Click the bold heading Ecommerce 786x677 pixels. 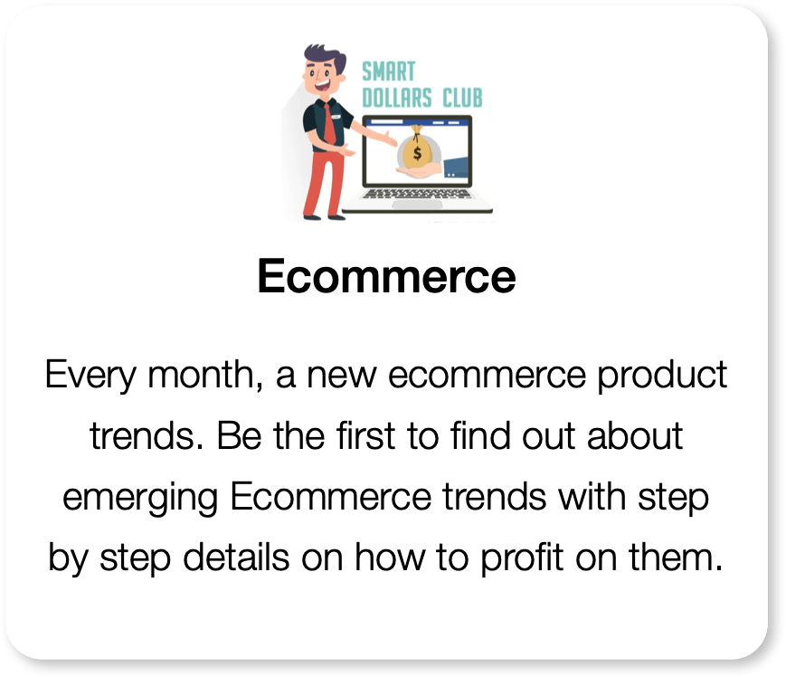click(x=386, y=276)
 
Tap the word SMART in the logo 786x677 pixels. click(x=389, y=72)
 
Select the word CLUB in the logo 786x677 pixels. click(x=462, y=98)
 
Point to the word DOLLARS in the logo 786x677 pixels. click(x=396, y=98)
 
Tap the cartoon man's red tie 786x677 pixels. click(x=329, y=123)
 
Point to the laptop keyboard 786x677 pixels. click(x=417, y=194)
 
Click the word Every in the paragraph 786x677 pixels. click(x=90, y=375)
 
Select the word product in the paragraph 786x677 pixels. click(x=662, y=375)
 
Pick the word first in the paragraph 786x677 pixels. click(x=366, y=435)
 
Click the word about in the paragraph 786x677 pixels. click(x=635, y=435)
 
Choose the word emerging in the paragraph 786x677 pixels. click(x=140, y=498)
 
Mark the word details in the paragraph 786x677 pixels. click(x=235, y=558)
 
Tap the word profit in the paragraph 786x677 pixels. click(x=522, y=558)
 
